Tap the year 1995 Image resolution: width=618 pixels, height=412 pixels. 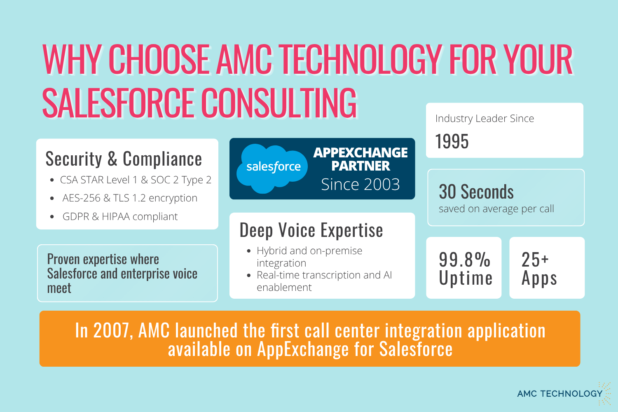pos(452,141)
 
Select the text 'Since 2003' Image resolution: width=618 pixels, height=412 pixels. pos(360,184)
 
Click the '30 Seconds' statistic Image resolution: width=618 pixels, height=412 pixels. pos(476,192)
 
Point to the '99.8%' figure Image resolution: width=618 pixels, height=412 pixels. pos(465,260)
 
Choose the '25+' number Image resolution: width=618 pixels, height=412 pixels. pos(535,260)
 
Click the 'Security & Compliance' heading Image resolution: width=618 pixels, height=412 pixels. pos(124,159)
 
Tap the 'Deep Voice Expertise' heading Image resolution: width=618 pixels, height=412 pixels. pos(311,230)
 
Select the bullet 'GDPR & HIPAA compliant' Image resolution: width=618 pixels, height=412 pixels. pos(120,217)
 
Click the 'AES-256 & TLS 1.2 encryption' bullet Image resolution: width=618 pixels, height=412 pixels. pos(130,198)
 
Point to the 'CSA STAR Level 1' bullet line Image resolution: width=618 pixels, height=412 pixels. pos(136,180)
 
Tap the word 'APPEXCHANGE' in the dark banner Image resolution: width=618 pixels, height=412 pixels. pos(360,152)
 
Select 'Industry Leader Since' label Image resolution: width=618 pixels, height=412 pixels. pos(485,119)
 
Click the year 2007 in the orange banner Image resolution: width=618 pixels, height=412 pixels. pos(111,330)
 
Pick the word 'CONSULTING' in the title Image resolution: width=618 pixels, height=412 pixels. pos(279,102)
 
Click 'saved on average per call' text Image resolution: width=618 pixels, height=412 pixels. pos(496,209)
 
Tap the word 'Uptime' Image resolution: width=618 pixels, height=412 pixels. pos(466,278)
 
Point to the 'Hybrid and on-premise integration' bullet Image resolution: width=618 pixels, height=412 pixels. pos(309,257)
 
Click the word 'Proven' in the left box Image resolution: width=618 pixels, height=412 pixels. pos(63,260)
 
